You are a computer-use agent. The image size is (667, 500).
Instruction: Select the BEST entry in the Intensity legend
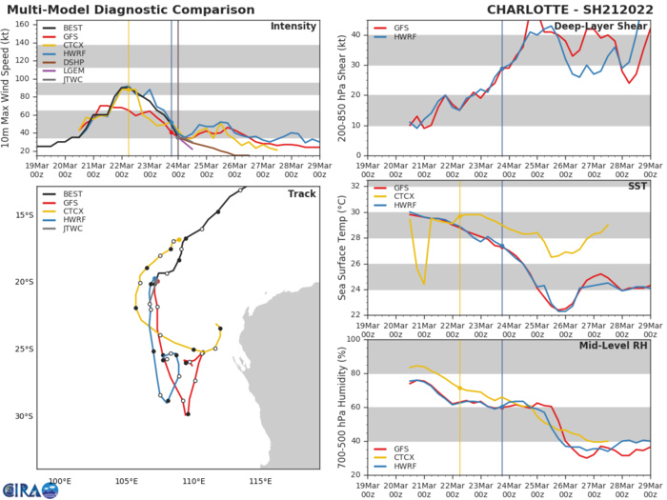(x=70, y=30)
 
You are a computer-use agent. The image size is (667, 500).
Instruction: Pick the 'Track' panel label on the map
(x=301, y=193)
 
